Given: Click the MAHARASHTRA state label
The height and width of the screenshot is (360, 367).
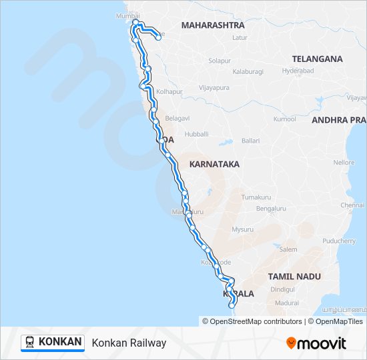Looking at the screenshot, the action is (x=213, y=25).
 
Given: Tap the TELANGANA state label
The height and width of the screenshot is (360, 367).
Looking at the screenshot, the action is (x=317, y=59).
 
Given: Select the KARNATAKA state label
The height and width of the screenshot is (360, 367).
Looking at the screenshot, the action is (x=214, y=163).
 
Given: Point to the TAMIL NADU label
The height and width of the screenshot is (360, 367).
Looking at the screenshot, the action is (x=294, y=276).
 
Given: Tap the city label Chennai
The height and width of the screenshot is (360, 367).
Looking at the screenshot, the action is (x=352, y=205).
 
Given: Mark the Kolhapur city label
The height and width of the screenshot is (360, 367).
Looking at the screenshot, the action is (x=170, y=91).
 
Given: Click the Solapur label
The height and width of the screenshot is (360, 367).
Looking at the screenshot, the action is (x=220, y=60).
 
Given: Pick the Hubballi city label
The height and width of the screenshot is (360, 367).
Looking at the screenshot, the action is (x=197, y=134).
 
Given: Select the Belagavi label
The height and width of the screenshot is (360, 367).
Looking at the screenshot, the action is (x=178, y=117).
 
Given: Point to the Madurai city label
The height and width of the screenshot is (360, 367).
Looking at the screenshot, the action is (x=287, y=303).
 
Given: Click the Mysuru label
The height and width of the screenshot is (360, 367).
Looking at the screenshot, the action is (x=242, y=229).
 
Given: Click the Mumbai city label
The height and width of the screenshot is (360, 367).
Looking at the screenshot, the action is (x=129, y=15).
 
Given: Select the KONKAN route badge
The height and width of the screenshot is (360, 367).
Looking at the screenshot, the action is (x=53, y=342).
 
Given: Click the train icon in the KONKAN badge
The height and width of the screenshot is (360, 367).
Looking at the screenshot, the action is (x=30, y=343).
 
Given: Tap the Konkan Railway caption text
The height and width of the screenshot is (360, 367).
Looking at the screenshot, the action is (x=129, y=343).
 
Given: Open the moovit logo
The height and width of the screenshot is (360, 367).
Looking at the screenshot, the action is (x=316, y=343).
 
